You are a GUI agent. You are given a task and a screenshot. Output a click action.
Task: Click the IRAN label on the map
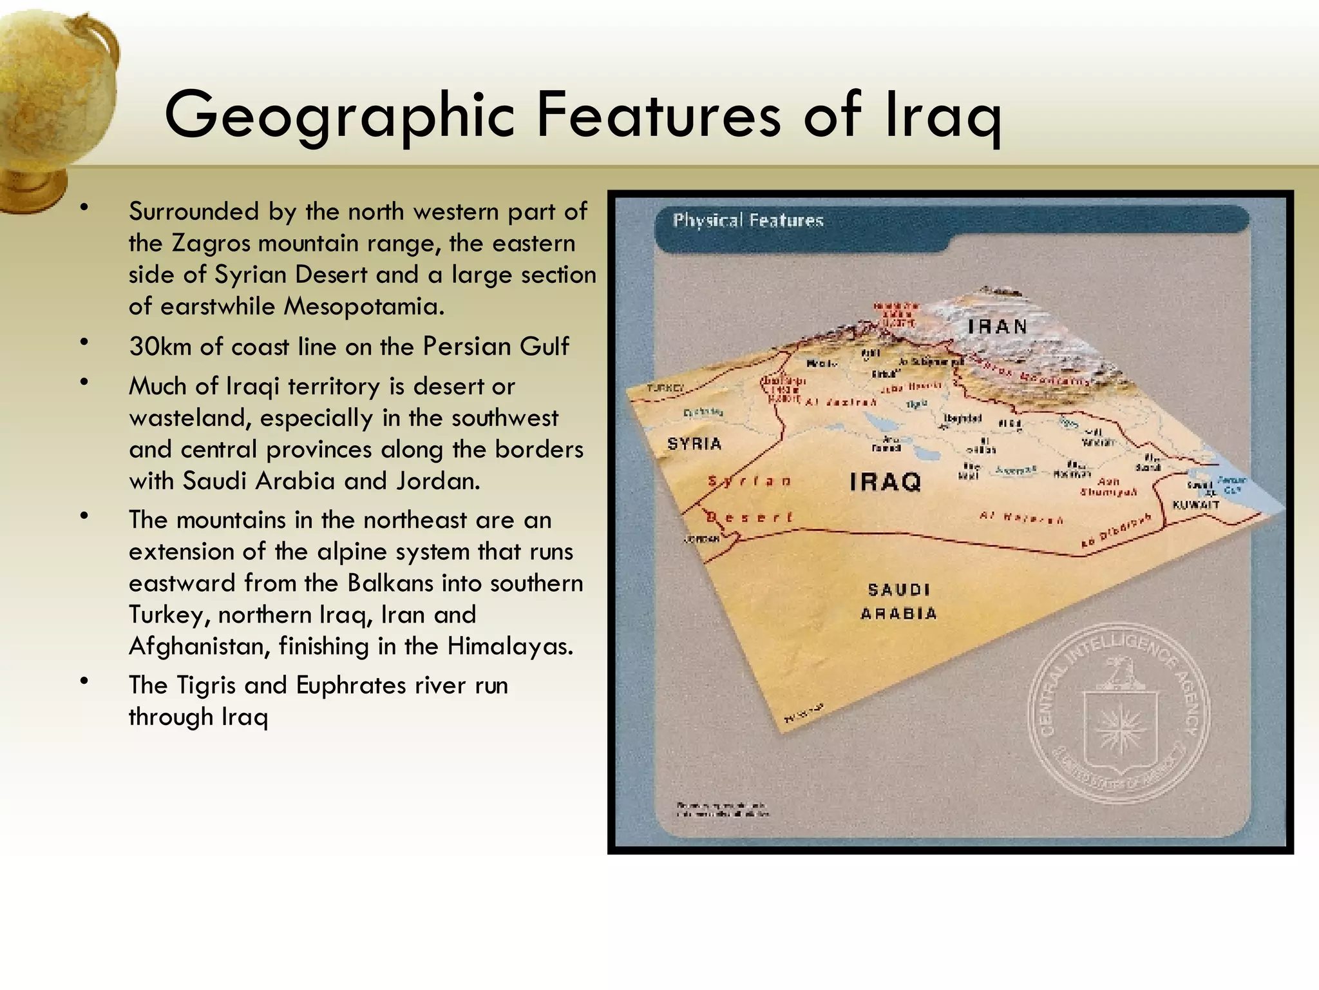(x=998, y=327)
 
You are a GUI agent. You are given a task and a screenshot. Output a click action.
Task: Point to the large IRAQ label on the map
(x=886, y=481)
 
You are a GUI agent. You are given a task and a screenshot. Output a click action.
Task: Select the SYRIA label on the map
(x=694, y=443)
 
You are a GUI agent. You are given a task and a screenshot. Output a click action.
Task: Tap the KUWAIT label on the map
(x=1196, y=505)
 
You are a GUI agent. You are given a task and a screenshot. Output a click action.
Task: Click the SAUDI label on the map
(x=898, y=590)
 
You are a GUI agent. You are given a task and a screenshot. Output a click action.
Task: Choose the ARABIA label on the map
(x=898, y=614)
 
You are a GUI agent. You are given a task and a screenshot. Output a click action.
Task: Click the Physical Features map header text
(x=748, y=220)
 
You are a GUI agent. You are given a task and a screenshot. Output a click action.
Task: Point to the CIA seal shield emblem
(x=1119, y=728)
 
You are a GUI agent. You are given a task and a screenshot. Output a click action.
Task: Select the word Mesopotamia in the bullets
(x=364, y=307)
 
